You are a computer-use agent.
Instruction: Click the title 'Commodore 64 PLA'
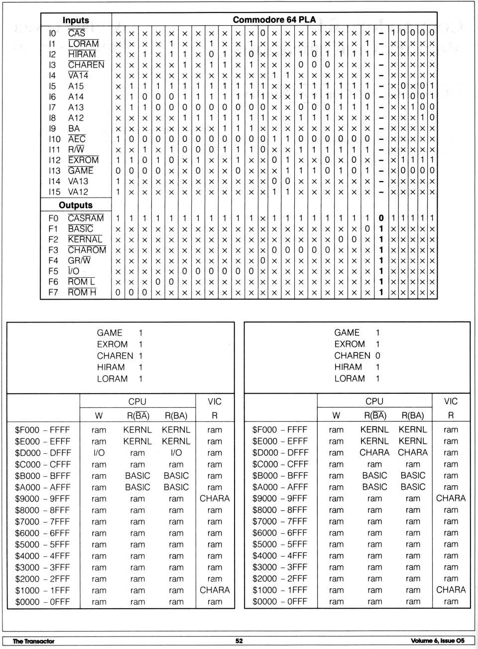[x=274, y=19]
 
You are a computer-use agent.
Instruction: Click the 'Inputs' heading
[x=76, y=20]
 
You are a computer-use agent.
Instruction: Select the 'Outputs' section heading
[x=76, y=205]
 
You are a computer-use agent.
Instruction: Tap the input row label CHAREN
[x=86, y=65]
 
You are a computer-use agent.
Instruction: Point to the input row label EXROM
[x=83, y=160]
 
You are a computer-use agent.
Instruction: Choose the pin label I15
[x=54, y=192]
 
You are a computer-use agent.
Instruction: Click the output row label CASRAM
[x=86, y=218]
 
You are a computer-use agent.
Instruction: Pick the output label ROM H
[x=82, y=292]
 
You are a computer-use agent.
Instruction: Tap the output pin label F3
[x=53, y=250]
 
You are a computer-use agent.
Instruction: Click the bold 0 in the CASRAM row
[x=381, y=218]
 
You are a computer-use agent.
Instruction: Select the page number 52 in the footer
[x=239, y=641]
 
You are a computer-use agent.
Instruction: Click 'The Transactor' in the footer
[x=33, y=641]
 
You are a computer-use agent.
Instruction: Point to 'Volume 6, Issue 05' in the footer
[x=438, y=641]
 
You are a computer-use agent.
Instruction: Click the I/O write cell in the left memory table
[x=99, y=453]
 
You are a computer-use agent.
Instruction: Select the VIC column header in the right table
[x=451, y=401]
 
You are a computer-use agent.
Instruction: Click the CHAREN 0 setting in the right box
[x=357, y=355]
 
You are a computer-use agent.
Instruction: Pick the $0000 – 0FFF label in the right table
[x=280, y=601]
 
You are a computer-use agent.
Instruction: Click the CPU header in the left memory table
[x=137, y=401]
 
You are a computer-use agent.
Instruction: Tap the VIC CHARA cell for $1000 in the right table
[x=451, y=590]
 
